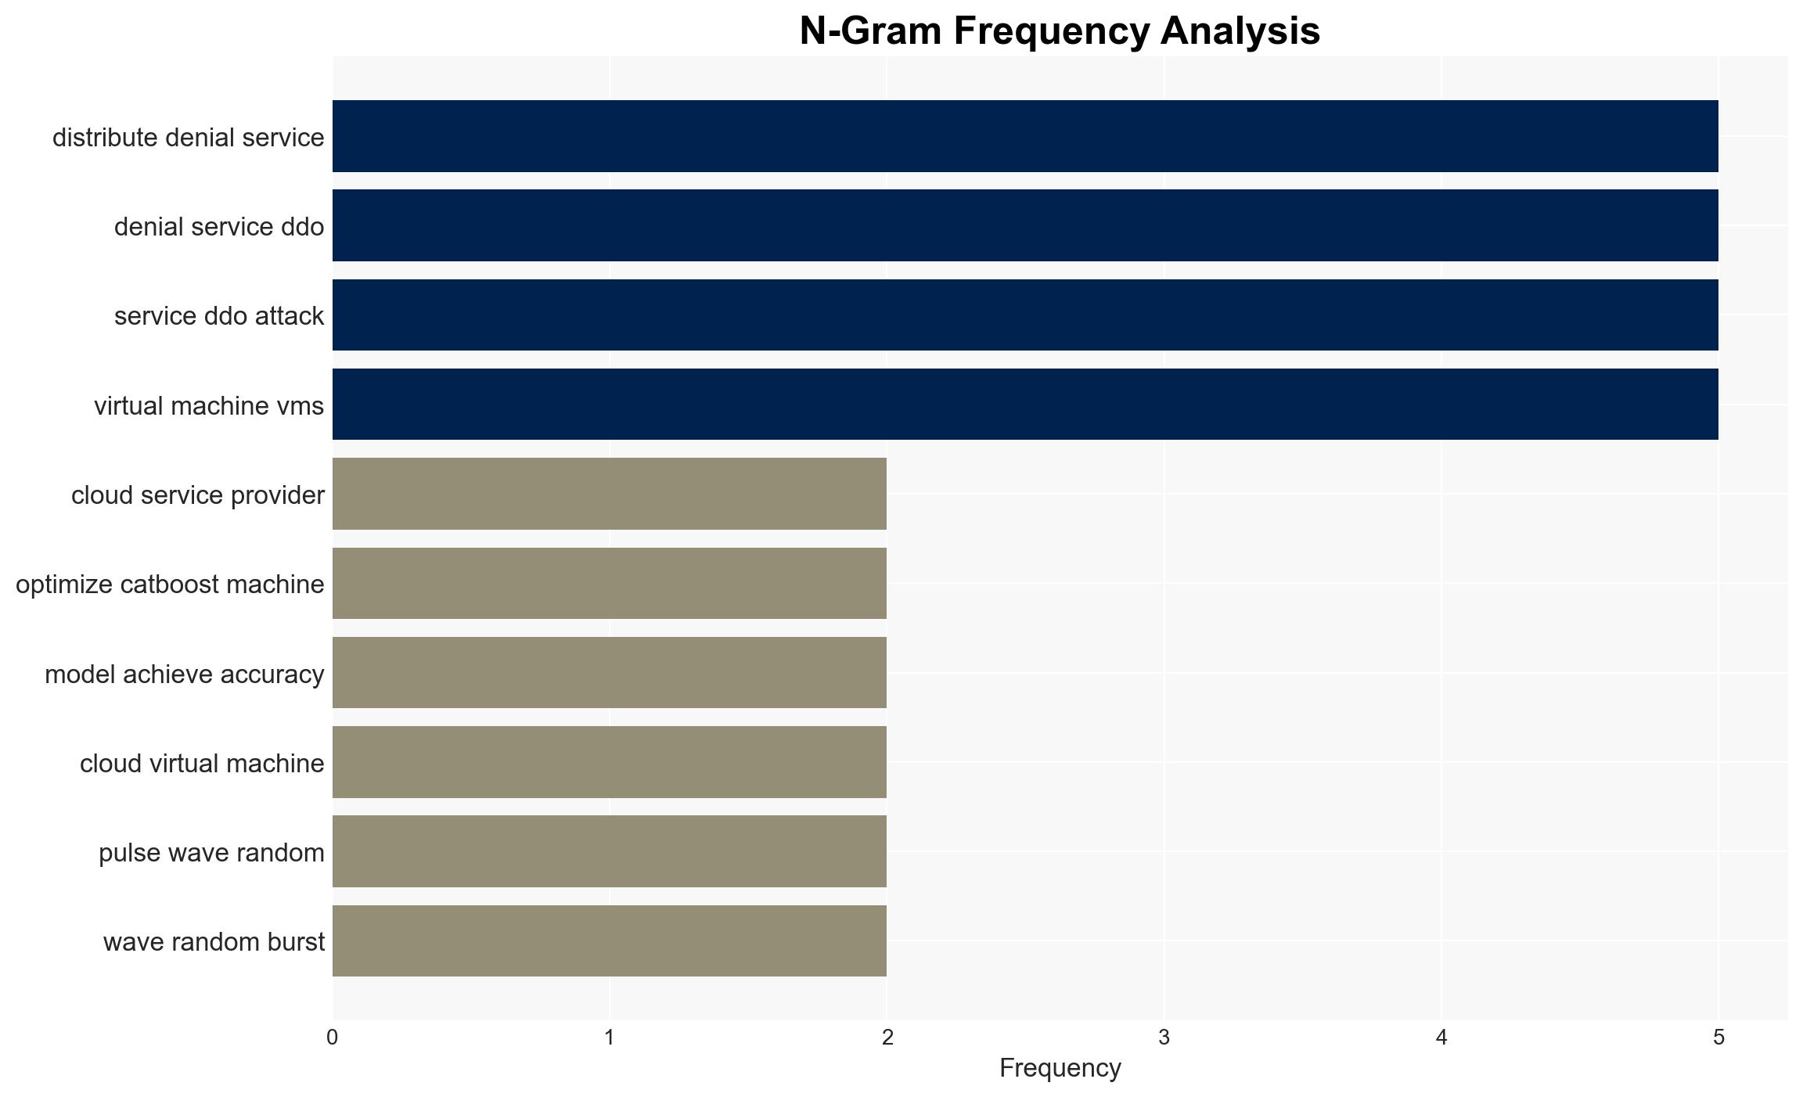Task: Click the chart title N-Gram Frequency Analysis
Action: click(x=1060, y=31)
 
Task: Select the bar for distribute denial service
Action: click(x=1025, y=136)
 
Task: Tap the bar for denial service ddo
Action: click(x=1025, y=225)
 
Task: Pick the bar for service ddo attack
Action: click(x=1025, y=315)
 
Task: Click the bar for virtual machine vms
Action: click(x=1025, y=405)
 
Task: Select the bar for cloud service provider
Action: click(x=610, y=494)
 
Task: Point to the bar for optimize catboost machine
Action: click(x=610, y=583)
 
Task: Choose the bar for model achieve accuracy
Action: click(x=610, y=673)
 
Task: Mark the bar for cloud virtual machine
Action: click(x=610, y=762)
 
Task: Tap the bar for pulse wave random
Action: click(x=610, y=851)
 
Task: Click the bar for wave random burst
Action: click(x=610, y=941)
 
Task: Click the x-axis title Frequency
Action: click(x=1060, y=1068)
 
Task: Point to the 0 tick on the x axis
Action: click(x=333, y=1038)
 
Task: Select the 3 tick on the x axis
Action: click(x=1164, y=1038)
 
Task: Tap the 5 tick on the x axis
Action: click(x=1718, y=1038)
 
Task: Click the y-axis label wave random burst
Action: click(x=214, y=942)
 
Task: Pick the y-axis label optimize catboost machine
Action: click(x=170, y=584)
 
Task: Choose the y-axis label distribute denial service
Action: click(x=188, y=137)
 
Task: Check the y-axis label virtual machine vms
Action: click(x=209, y=405)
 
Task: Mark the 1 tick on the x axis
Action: click(x=610, y=1038)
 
